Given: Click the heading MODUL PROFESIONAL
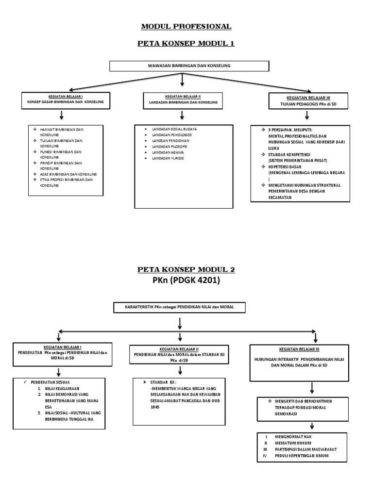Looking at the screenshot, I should pos(186,26).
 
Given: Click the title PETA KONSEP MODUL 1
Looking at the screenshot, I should pos(186,44).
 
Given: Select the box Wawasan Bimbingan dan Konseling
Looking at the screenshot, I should pos(189,66).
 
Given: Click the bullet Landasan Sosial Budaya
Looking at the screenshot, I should pos(174,129).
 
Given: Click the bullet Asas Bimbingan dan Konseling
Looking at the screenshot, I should pos(68,174).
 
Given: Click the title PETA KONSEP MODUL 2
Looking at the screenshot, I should pos(186,270).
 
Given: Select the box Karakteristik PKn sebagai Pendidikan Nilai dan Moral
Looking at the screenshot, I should pos(180,307).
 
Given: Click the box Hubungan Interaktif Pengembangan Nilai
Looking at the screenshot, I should pos(299,363).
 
